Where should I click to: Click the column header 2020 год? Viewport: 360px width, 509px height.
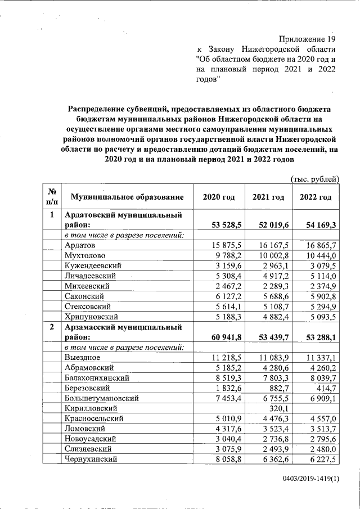[218, 197]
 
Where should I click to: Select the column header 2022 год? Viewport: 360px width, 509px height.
[316, 197]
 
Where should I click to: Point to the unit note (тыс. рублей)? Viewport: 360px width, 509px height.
[314, 179]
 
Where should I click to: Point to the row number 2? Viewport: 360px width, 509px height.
[52, 327]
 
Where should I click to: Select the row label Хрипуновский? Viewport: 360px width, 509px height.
[91, 317]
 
